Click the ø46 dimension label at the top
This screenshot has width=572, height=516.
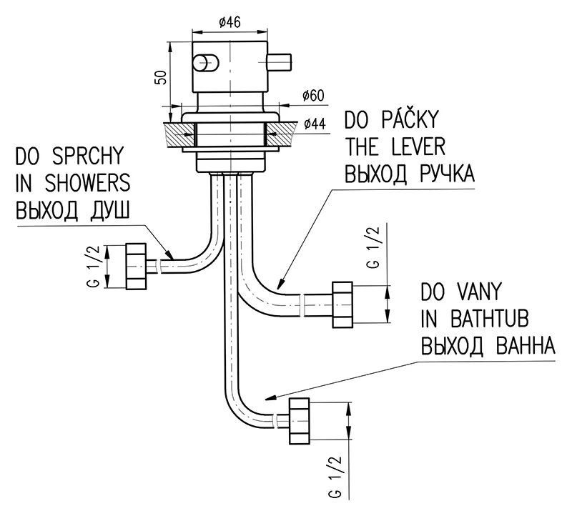[228, 21]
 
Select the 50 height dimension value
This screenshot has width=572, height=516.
[162, 77]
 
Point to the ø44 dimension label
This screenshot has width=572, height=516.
[314, 124]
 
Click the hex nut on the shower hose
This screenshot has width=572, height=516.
[137, 266]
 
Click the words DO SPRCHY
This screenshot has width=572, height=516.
[69, 157]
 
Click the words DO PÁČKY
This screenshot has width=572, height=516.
[390, 119]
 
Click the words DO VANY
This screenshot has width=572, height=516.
[460, 292]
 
